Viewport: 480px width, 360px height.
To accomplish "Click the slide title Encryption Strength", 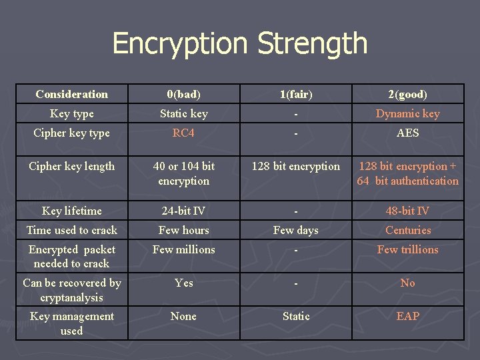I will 240,44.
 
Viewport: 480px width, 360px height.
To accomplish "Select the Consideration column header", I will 71,94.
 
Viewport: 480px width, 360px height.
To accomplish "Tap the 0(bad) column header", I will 183,94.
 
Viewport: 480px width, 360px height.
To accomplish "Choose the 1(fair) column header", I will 295,94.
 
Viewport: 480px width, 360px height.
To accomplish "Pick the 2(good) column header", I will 407,94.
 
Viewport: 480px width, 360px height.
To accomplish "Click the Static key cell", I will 183,113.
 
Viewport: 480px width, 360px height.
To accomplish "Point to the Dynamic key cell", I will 407,113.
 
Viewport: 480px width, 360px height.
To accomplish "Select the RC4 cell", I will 183,133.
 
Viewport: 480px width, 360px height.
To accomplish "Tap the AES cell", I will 407,133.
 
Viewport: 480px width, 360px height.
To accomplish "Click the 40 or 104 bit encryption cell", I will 183,173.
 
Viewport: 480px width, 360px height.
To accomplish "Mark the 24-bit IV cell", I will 183,211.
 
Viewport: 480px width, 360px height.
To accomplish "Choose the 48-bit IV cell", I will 407,211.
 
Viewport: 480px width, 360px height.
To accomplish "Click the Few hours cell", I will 183,230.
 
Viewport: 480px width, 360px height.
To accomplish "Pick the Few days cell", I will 295,230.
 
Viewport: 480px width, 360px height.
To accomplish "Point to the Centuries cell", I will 407,230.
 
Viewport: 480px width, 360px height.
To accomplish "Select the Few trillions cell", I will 407,249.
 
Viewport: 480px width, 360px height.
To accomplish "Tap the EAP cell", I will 407,316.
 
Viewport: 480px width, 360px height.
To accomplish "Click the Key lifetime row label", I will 71,211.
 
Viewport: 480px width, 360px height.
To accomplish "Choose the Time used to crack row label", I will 71,230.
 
